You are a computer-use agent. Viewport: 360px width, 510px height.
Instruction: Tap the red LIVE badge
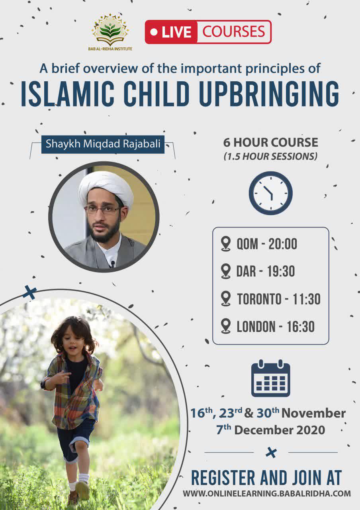(x=172, y=32)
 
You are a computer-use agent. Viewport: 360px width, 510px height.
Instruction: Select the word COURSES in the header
(x=234, y=31)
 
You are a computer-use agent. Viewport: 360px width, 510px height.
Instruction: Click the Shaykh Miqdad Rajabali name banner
(x=103, y=144)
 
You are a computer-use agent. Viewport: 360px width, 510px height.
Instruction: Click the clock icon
(x=271, y=193)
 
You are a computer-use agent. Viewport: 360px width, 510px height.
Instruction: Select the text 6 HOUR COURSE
(x=270, y=142)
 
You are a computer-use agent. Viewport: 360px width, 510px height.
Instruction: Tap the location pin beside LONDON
(x=226, y=326)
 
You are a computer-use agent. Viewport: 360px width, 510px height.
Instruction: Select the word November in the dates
(x=313, y=413)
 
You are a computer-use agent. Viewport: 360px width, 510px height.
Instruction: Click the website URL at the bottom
(x=267, y=493)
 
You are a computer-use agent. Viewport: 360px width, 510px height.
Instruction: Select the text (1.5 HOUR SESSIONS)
(x=270, y=157)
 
